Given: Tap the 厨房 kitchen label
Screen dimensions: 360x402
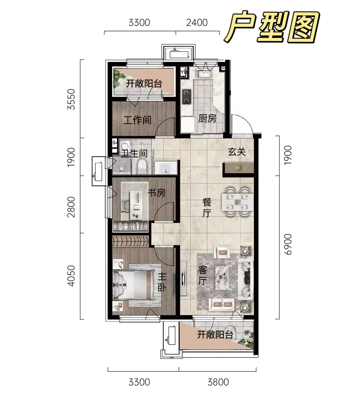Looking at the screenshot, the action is click(207, 119).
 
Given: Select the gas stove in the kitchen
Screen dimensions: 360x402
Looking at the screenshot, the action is click(187, 97).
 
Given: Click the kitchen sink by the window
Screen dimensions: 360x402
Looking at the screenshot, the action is click(204, 73).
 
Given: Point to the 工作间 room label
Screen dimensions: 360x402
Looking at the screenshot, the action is click(137, 120).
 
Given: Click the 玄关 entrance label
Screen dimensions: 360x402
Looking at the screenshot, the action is click(237, 152).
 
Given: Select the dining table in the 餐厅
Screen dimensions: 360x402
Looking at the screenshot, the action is click(237, 202).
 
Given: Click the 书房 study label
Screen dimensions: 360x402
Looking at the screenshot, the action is click(156, 193).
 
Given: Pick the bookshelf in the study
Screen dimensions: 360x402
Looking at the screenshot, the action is click(130, 226).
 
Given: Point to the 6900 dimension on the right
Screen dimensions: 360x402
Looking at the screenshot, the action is click(288, 244).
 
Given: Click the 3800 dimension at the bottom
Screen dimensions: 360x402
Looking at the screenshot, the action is click(218, 382).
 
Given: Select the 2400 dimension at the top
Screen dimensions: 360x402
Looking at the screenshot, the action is click(197, 23).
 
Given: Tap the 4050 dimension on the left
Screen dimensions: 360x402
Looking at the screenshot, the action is click(71, 276).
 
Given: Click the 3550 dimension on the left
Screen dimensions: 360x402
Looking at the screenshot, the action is click(71, 99).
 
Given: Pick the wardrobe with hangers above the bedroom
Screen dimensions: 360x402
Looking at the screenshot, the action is click(130, 241).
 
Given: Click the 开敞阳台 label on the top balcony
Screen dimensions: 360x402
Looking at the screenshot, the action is click(144, 84).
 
